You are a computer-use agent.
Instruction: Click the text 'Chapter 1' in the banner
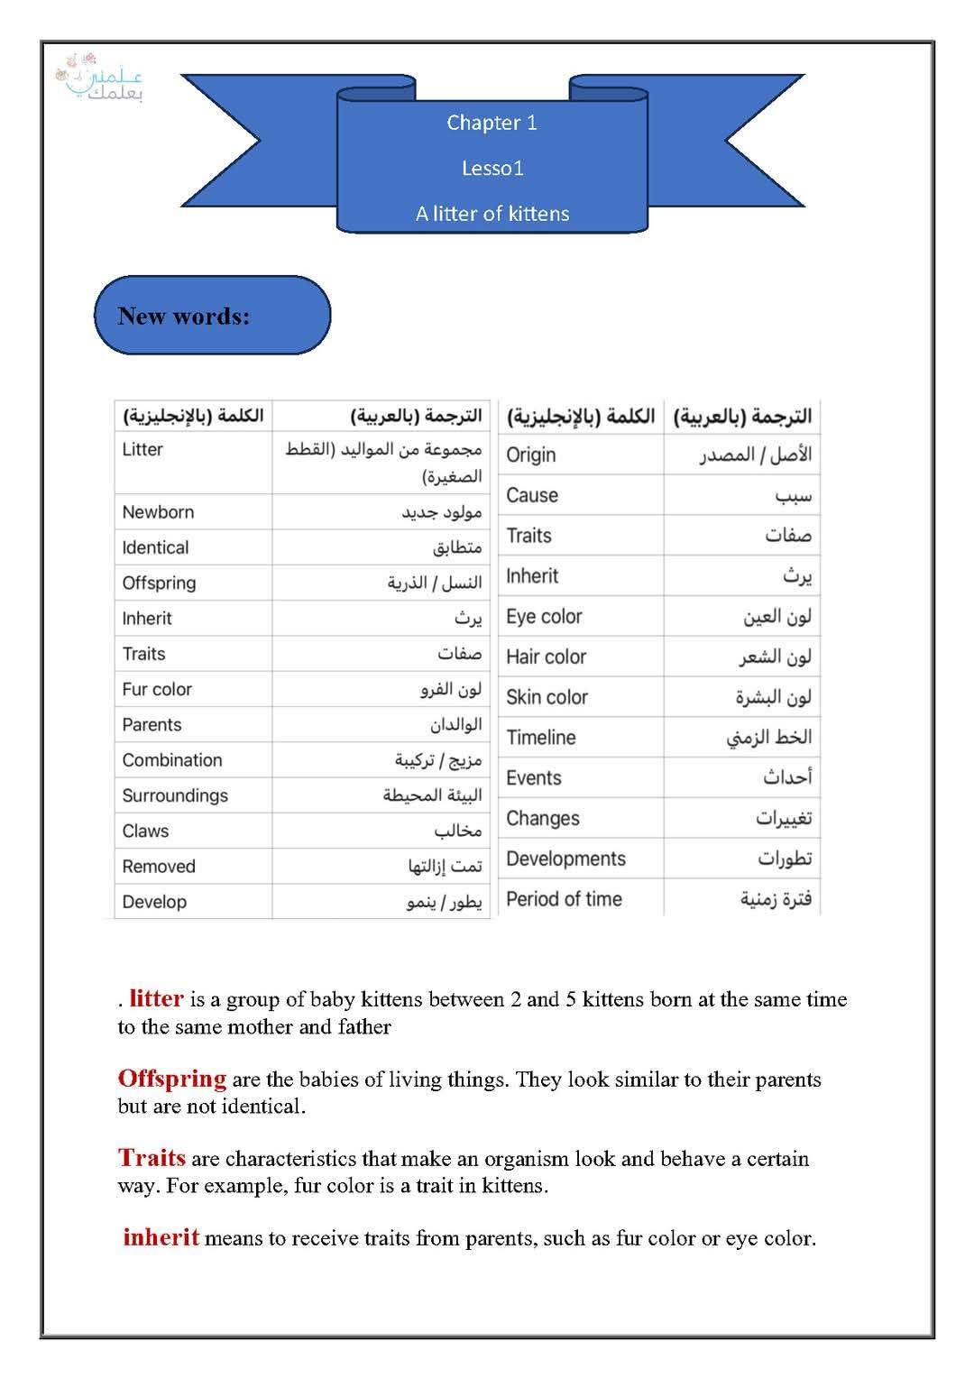tap(492, 123)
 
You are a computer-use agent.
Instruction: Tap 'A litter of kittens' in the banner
tap(492, 214)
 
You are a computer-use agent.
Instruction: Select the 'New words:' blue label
tap(184, 316)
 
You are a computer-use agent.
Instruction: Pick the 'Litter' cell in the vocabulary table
tap(142, 449)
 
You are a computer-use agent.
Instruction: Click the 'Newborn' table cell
tap(158, 512)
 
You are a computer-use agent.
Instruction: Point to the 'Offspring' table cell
tap(159, 583)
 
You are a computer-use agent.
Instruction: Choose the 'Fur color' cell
tap(157, 689)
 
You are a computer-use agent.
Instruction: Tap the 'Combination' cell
tap(172, 760)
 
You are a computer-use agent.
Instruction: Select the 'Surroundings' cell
tap(175, 795)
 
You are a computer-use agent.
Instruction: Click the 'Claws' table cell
tap(145, 831)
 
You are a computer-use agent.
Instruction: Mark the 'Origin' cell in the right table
tap(530, 455)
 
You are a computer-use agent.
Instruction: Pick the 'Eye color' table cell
tap(544, 617)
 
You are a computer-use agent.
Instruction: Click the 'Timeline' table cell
tap(540, 738)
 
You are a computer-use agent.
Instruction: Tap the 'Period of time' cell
tap(564, 899)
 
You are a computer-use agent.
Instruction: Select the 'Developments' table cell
tap(565, 859)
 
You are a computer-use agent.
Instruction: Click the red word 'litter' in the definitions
tap(156, 998)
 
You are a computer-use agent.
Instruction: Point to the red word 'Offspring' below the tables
tap(171, 1079)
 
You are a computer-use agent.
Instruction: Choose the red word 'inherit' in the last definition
tap(161, 1237)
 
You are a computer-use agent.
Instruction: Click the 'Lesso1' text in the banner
tap(492, 168)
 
